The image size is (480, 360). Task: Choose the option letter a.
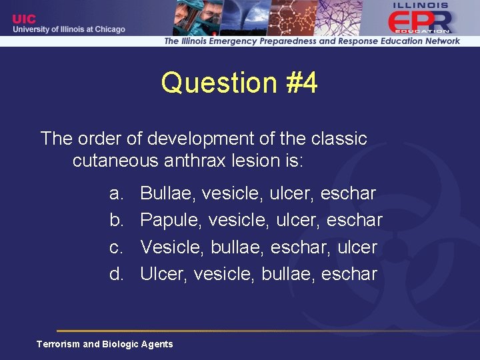click(x=117, y=194)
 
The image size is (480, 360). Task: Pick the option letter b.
click(x=117, y=221)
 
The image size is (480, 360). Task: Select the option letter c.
click(x=117, y=247)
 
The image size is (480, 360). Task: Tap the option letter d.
click(x=117, y=274)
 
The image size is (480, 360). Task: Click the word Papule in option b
click(x=171, y=221)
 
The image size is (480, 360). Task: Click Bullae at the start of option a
click(x=168, y=194)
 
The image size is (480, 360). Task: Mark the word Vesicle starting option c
click(x=172, y=247)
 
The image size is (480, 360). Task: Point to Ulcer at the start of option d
click(x=164, y=274)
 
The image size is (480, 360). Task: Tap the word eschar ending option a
click(x=348, y=194)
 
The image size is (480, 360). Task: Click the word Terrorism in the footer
click(x=58, y=344)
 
